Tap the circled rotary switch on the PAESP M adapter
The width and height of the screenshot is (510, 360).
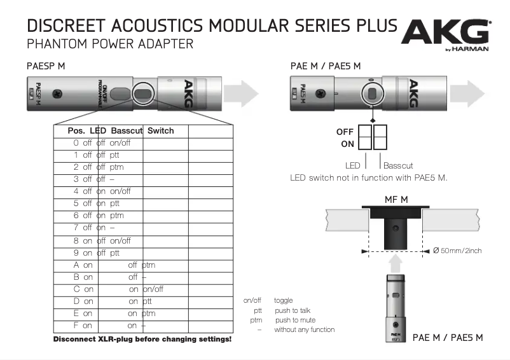pos(144,94)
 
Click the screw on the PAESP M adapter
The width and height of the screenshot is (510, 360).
pos(58,93)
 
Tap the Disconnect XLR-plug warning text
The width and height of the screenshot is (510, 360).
pos(142,340)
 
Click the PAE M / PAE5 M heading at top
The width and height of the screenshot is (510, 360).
pos(325,66)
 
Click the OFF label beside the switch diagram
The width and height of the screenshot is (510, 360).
pos(345,132)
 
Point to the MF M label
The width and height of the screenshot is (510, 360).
pos(396,200)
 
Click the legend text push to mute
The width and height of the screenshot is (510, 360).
pos(294,320)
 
